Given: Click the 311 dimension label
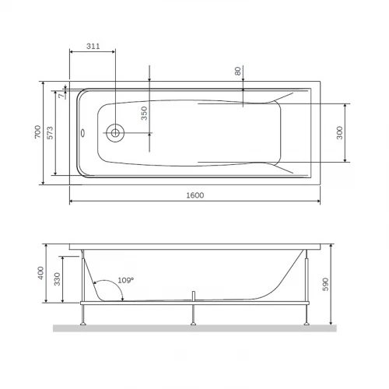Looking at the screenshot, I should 93,47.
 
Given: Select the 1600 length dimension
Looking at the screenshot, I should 194,195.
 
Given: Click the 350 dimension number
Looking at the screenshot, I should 143,115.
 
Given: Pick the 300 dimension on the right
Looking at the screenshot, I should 340,133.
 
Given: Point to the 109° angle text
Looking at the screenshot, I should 124,279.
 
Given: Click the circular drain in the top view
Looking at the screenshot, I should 114,133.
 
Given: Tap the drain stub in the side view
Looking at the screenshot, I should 191,296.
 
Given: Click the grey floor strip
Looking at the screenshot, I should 194,328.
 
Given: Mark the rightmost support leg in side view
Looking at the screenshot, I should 310,311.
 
